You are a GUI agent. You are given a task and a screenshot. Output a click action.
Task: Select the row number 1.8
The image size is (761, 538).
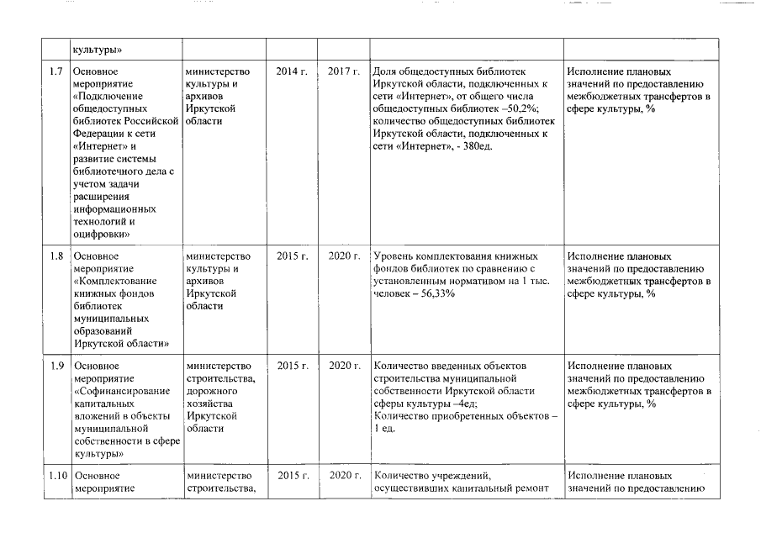(56, 256)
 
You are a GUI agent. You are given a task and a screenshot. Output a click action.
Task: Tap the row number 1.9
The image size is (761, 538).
(56, 366)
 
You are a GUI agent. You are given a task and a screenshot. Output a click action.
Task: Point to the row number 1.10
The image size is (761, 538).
(56, 476)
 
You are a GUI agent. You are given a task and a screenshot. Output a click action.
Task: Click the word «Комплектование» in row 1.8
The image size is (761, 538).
(114, 281)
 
